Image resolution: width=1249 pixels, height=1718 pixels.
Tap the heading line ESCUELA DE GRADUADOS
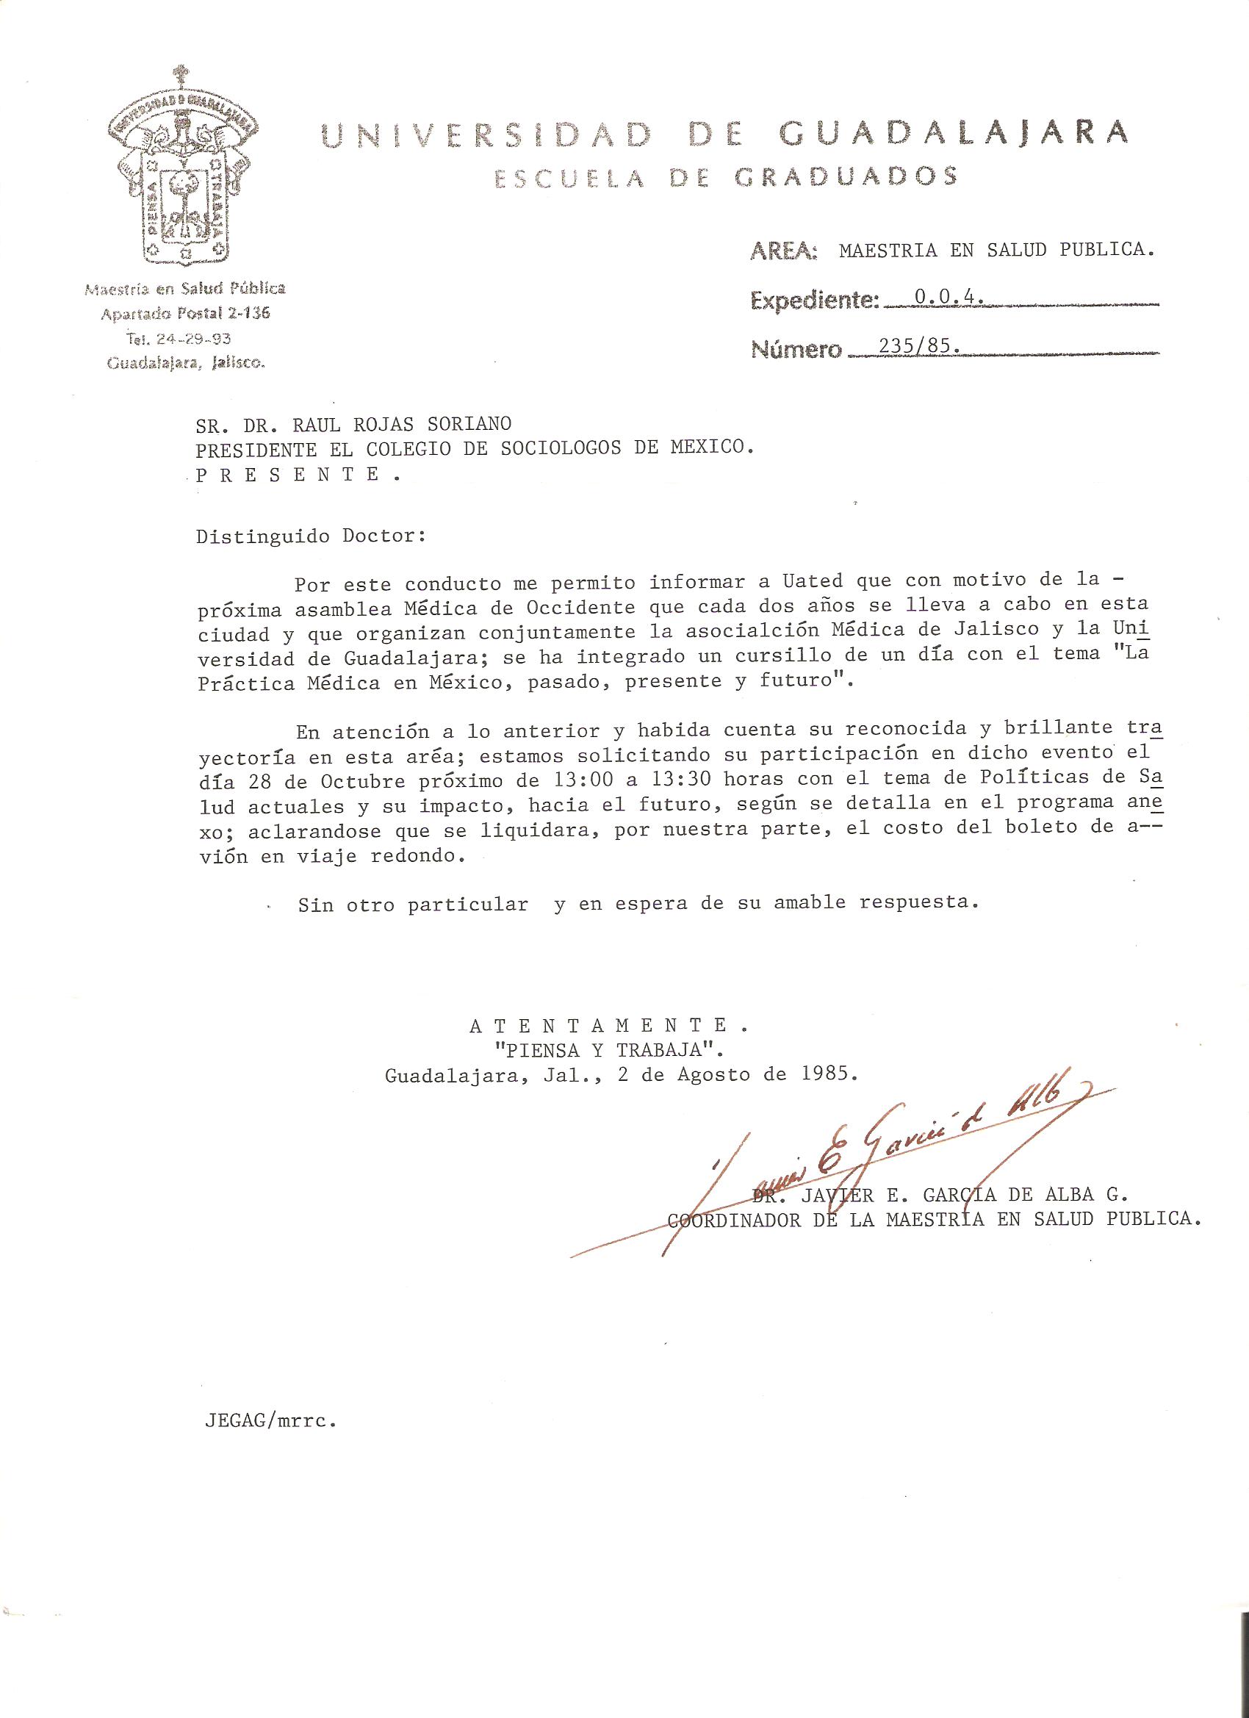point(726,178)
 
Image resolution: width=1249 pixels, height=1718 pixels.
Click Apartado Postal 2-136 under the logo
point(186,313)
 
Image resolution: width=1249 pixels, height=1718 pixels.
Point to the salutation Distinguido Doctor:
point(312,536)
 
